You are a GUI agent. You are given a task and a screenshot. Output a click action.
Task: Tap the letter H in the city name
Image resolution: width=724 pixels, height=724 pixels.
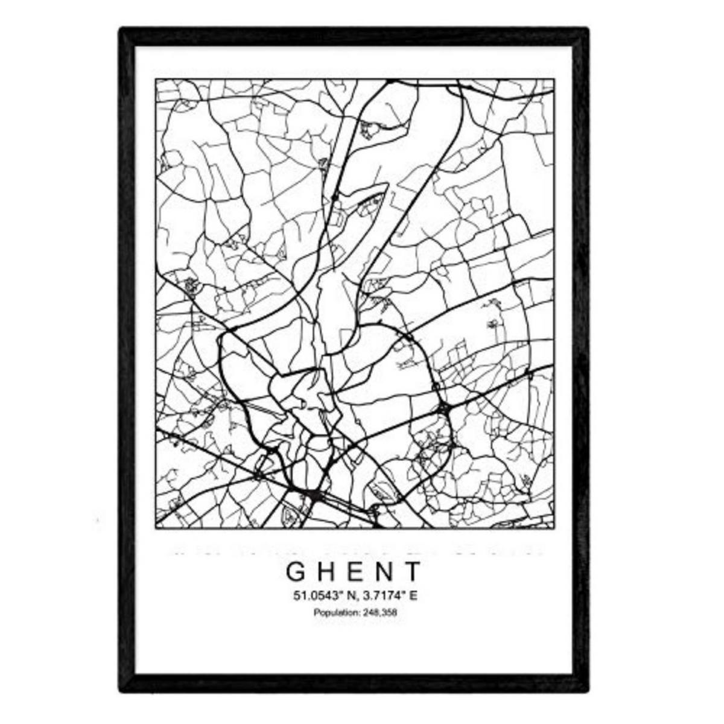pos(326,571)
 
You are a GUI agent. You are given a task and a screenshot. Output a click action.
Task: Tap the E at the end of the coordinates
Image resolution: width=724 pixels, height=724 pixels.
pos(413,597)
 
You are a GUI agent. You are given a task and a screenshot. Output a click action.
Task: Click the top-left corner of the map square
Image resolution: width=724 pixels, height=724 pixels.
pos(156,79)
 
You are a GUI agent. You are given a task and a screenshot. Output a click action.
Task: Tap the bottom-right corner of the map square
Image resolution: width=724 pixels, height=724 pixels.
pos(555,529)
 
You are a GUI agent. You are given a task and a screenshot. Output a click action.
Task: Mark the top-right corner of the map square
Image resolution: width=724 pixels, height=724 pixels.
pos(555,79)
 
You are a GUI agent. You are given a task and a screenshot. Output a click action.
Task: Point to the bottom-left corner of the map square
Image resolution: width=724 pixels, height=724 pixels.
pos(156,529)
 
